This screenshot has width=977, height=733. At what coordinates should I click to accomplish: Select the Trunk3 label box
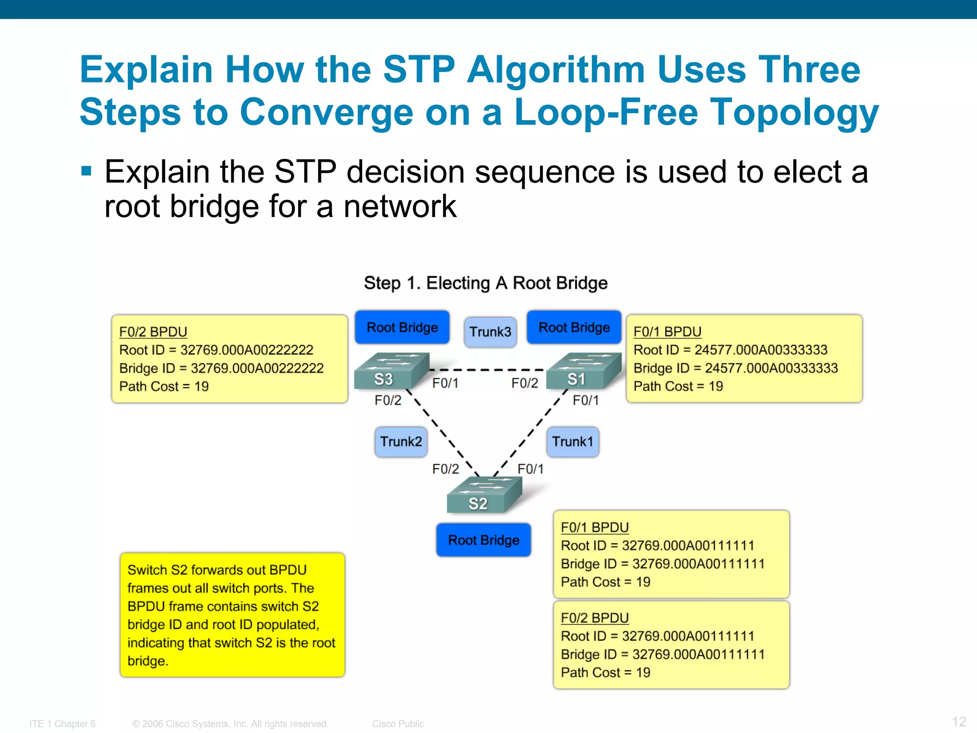(490, 332)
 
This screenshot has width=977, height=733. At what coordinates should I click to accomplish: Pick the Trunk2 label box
(401, 441)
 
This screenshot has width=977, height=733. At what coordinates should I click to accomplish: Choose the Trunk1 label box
(572, 441)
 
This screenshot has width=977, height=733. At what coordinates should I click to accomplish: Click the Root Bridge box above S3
(402, 327)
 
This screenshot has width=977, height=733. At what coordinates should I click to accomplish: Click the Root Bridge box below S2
(483, 540)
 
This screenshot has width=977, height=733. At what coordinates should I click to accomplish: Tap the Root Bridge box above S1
(574, 327)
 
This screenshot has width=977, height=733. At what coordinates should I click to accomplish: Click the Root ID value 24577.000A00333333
(760, 350)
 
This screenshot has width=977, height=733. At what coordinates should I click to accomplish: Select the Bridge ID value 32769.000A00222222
(257, 368)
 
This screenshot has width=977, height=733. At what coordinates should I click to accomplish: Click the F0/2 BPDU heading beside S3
(153, 332)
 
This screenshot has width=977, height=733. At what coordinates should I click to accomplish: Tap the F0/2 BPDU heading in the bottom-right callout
(594, 618)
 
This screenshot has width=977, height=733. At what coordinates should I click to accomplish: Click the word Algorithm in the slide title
(556, 70)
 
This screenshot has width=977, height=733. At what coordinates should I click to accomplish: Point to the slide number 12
(959, 721)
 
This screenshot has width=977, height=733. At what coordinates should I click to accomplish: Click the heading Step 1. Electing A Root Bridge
(486, 283)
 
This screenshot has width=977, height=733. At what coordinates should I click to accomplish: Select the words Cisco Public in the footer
(398, 724)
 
